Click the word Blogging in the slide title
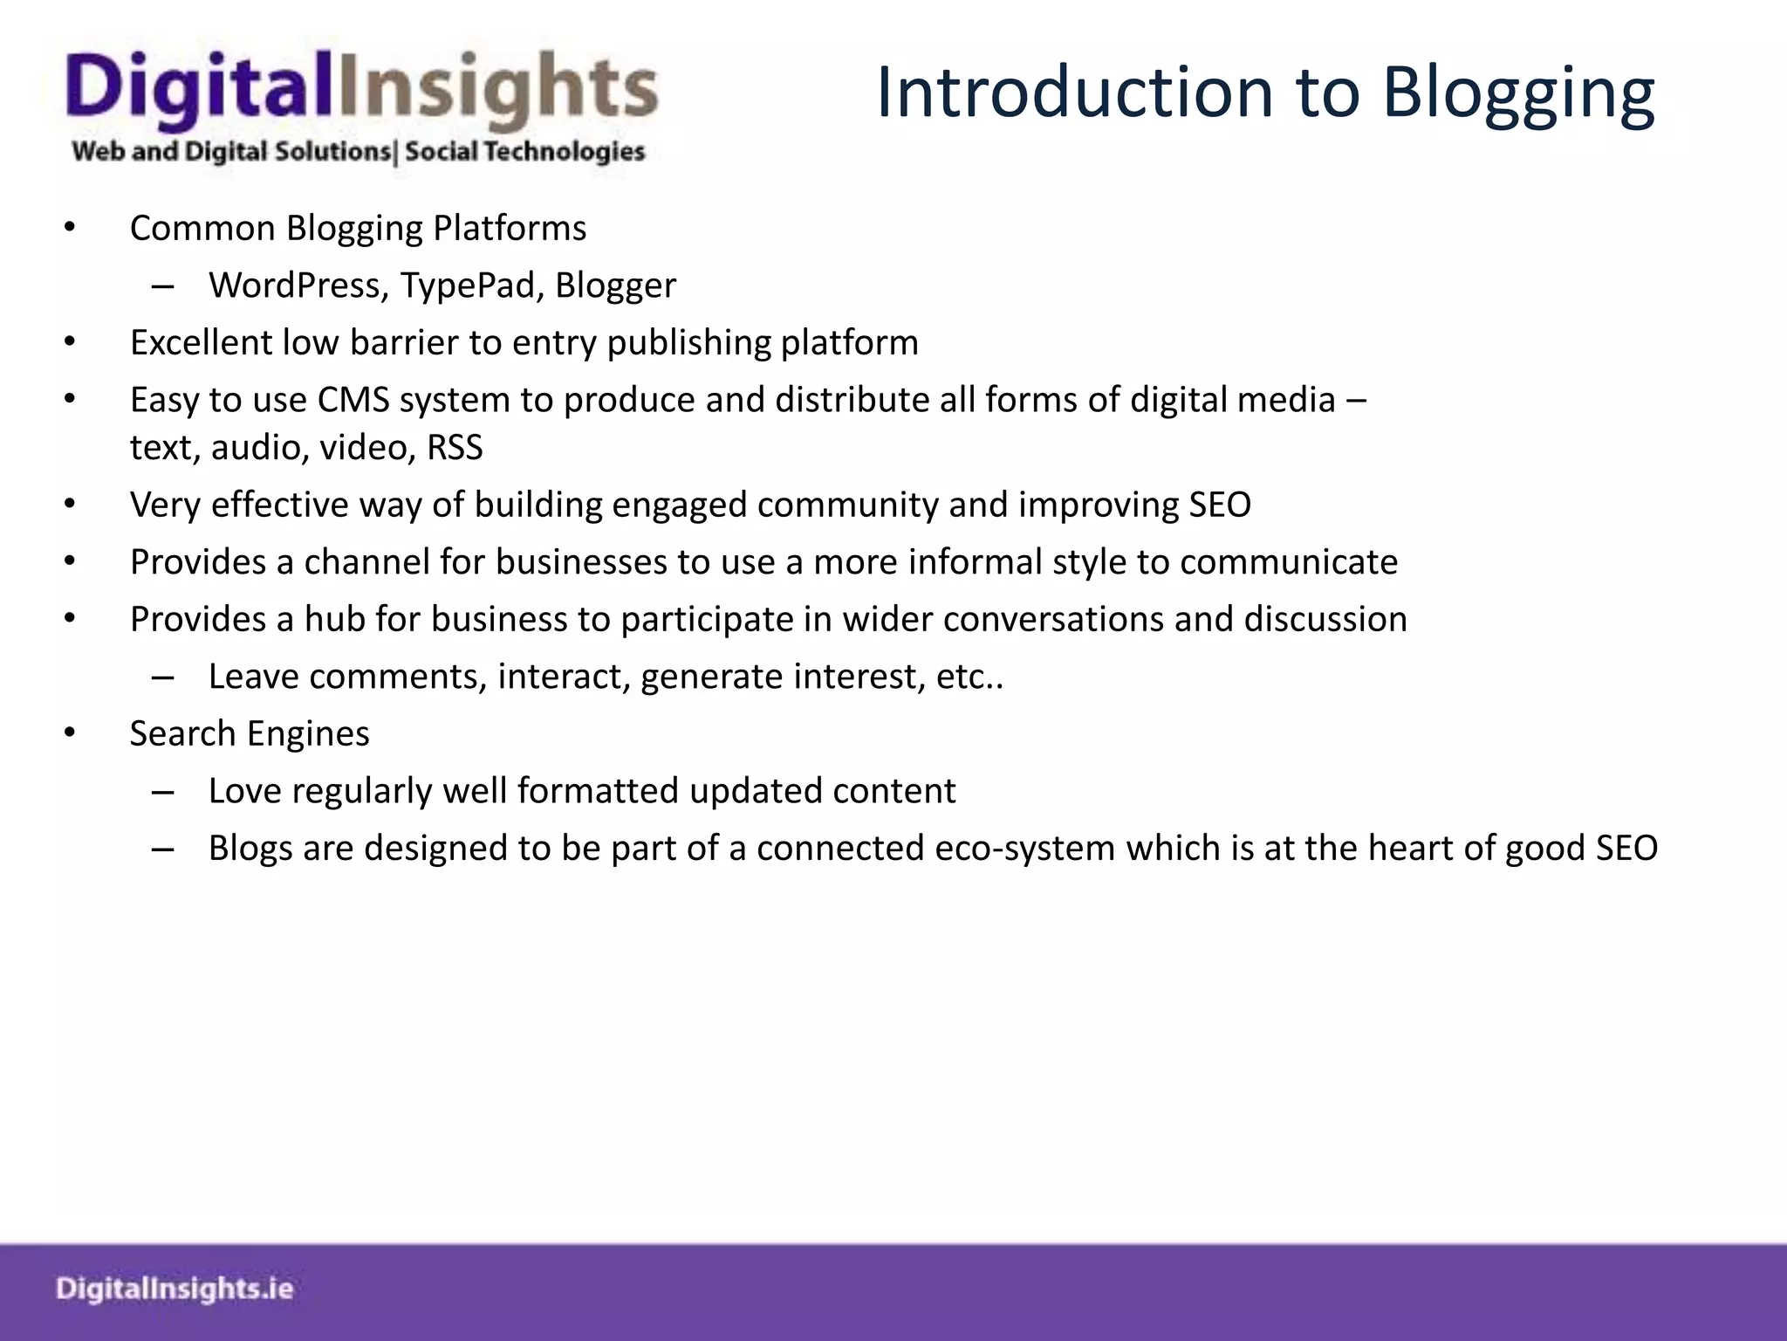tap(1518, 94)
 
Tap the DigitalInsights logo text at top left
tap(361, 91)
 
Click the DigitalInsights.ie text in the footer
tap(175, 1289)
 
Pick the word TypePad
tap(472, 285)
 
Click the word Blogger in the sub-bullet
tap(615, 285)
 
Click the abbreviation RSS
tap(455, 447)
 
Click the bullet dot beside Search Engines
tap(70, 733)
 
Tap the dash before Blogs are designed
tap(162, 849)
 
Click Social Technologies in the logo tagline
tap(524, 152)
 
